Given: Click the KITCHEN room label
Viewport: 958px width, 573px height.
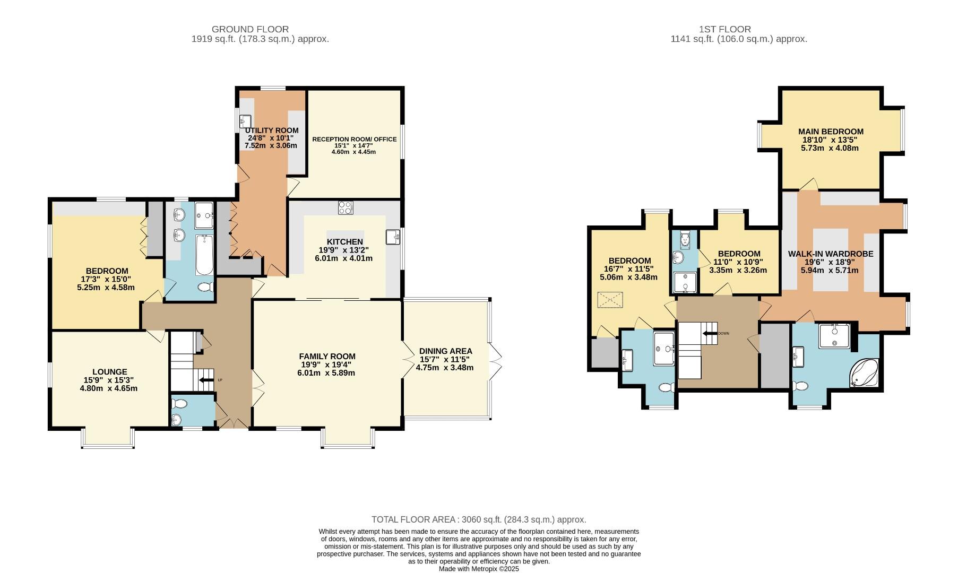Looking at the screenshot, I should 344,242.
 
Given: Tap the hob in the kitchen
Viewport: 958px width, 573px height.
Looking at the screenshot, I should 345,207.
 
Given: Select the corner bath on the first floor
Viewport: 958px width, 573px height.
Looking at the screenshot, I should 865,373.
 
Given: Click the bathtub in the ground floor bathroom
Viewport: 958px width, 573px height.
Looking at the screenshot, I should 204,256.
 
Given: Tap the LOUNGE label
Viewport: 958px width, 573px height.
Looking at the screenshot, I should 109,372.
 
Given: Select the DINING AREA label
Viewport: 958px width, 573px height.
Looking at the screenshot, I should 445,351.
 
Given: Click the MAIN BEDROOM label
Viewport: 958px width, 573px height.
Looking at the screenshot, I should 830,132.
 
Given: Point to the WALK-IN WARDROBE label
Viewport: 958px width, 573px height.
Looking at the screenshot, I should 830,254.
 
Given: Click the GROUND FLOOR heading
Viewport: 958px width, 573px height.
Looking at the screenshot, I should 250,29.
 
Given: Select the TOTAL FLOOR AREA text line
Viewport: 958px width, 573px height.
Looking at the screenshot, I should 478,519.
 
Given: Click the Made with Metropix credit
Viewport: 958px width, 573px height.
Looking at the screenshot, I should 478,569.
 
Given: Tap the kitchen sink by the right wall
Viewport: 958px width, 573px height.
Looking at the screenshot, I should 393,237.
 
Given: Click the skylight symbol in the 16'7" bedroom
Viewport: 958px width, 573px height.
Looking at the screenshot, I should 609,300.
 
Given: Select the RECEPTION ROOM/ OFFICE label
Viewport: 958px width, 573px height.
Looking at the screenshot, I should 354,139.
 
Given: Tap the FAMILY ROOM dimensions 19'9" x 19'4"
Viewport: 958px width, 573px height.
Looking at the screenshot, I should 327,364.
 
